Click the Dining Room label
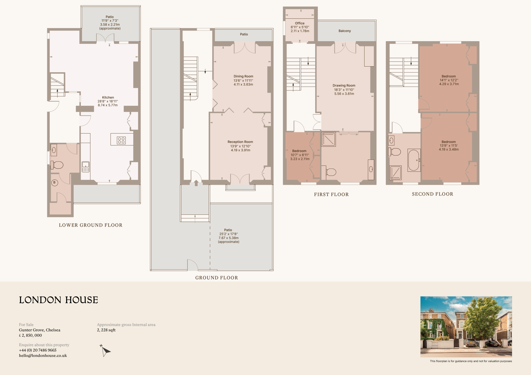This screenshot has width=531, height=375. click(243, 76)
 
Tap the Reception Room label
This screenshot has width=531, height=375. click(240, 142)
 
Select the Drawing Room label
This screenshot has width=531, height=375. click(344, 85)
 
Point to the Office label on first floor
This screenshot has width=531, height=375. click(300, 23)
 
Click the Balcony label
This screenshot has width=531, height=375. click(345, 31)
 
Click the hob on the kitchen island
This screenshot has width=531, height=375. click(121, 140)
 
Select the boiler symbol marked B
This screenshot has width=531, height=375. click(54, 183)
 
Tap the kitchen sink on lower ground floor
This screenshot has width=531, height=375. click(86, 167)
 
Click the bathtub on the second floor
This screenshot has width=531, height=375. click(414, 160)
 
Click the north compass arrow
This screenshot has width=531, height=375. click(105, 351)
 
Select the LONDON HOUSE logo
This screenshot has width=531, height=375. click(59, 300)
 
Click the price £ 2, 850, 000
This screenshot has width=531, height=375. click(30, 335)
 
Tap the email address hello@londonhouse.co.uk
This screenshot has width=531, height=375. click(43, 356)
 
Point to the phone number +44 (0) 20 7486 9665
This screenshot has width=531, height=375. click(38, 350)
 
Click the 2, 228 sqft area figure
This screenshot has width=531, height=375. click(106, 330)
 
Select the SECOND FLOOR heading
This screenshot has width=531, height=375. click(432, 194)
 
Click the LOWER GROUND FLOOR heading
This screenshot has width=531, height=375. click(90, 225)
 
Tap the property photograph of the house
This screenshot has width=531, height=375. click(466, 327)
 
